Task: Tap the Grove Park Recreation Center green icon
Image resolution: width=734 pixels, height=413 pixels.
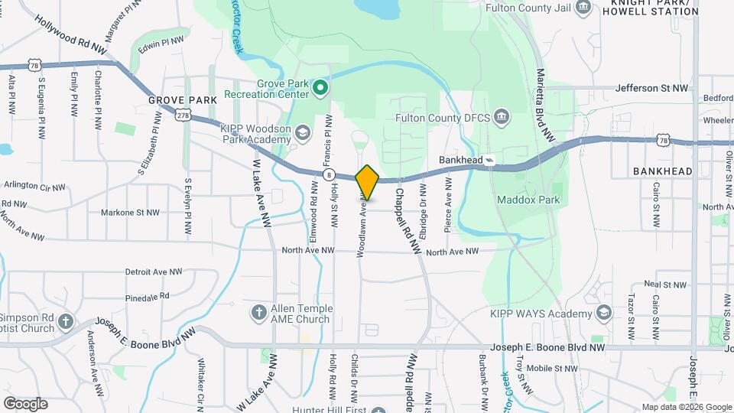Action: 321,89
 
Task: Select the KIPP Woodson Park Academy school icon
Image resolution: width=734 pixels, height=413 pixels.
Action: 303,133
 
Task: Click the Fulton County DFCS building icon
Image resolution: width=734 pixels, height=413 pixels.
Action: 502,118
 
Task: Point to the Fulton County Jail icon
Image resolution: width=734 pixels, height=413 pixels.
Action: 584,8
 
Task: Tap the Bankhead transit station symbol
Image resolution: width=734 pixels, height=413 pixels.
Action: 489,161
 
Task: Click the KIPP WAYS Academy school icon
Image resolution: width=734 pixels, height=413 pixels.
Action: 604,313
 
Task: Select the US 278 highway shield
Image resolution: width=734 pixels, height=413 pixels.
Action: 182,115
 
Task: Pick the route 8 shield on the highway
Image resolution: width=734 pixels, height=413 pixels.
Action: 329,175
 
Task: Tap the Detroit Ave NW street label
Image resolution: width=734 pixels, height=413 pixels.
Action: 153,272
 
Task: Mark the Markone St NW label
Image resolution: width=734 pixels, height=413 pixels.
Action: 132,213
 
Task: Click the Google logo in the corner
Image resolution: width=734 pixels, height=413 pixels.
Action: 25,403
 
